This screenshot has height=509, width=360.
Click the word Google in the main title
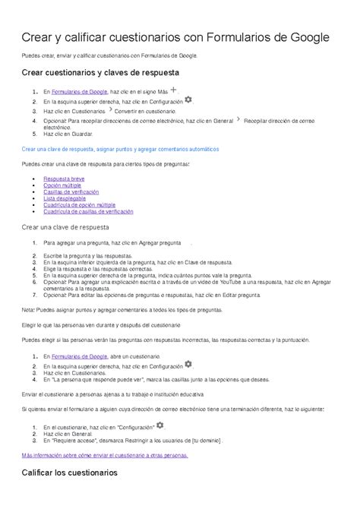(310, 36)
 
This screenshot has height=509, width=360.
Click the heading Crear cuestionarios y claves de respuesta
(100, 72)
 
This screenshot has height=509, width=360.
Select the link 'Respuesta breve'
(63, 178)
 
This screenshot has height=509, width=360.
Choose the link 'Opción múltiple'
(63, 185)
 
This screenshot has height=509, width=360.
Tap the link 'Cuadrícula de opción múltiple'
(80, 205)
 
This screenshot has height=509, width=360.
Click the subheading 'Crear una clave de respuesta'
(66, 226)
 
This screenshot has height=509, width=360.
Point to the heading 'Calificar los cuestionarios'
(70, 472)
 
